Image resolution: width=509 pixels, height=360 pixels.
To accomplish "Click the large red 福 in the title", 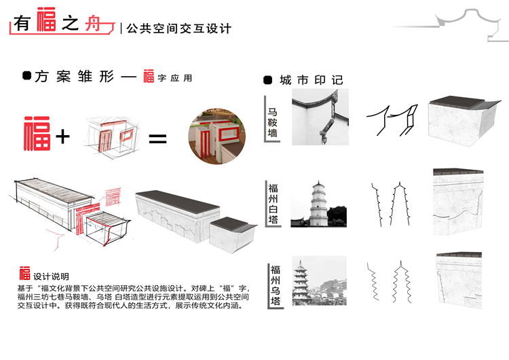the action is click(x=46, y=19).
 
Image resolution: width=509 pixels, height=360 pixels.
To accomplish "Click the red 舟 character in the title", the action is click(x=94, y=24).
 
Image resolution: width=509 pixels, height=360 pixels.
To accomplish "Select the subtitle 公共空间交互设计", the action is click(x=179, y=29).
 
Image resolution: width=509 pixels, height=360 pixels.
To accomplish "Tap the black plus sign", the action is click(x=62, y=137).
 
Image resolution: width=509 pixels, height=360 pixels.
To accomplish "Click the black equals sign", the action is click(x=157, y=139).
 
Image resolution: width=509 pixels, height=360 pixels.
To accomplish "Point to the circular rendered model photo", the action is click(x=217, y=137).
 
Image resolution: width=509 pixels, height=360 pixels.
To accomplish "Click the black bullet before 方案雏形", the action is click(x=27, y=75).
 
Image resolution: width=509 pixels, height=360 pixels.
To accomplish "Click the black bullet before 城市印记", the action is click(x=267, y=80).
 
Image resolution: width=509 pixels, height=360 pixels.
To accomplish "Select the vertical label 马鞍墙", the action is click(x=272, y=123).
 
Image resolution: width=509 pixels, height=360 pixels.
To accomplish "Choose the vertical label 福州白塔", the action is click(x=273, y=204).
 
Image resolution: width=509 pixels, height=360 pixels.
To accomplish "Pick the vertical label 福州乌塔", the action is click(x=276, y=285).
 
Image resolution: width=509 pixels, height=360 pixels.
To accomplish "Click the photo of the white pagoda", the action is click(x=318, y=203).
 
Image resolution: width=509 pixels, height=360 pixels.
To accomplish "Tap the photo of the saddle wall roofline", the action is click(x=320, y=117).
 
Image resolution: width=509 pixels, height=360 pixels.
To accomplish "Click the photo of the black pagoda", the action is click(x=320, y=281).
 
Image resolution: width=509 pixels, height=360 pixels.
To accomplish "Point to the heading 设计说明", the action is click(x=51, y=276).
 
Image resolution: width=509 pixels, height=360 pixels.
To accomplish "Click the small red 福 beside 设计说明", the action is click(x=24, y=273).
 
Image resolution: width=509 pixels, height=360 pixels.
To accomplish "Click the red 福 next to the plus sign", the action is click(x=37, y=134).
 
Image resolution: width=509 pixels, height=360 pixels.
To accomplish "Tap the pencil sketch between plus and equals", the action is click(x=112, y=136).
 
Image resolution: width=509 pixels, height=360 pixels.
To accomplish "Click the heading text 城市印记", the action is click(x=312, y=80).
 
